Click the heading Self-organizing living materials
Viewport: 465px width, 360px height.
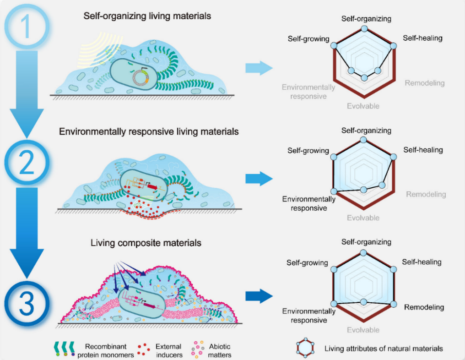[147, 16]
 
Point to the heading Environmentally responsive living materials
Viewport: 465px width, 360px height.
[149, 132]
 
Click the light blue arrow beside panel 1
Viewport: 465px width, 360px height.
[259, 68]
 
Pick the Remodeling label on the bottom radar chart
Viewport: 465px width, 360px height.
[424, 307]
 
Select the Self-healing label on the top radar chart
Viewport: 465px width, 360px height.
[422, 38]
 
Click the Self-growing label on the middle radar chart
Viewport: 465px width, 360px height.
[308, 151]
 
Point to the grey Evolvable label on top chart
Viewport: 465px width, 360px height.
[363, 106]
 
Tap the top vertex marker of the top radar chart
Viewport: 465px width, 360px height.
[363, 29]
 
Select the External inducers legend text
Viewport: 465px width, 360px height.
[168, 350]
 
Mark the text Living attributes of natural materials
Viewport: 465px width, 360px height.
[384, 349]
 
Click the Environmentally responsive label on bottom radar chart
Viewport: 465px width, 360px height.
[308, 316]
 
